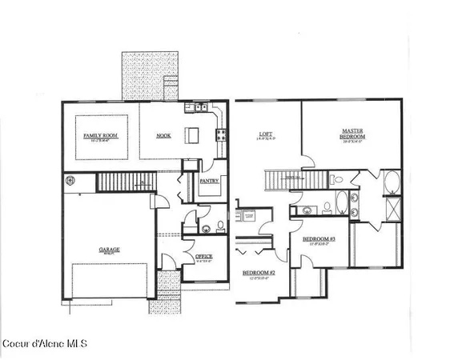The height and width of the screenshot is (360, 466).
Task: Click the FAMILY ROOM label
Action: pos(101,137)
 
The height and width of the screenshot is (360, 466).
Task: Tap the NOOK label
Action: pos(163,136)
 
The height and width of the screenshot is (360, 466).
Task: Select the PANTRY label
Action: pos(209,181)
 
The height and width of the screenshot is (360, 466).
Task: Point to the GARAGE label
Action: pos(110,249)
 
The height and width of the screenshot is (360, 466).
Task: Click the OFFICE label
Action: pos(204,257)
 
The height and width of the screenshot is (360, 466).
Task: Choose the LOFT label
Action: pos(266,134)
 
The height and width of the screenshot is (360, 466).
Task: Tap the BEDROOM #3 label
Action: pos(318,239)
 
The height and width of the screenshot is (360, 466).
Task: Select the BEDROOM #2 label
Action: pos(258,273)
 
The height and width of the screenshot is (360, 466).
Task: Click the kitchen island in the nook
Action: pos(192,133)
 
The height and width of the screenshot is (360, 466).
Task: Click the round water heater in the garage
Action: pos(70,180)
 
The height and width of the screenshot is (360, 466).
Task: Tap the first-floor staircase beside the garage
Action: pos(124,182)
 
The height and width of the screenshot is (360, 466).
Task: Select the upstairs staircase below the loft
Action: pos(296,179)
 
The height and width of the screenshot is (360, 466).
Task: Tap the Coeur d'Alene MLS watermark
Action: pos(45,344)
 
